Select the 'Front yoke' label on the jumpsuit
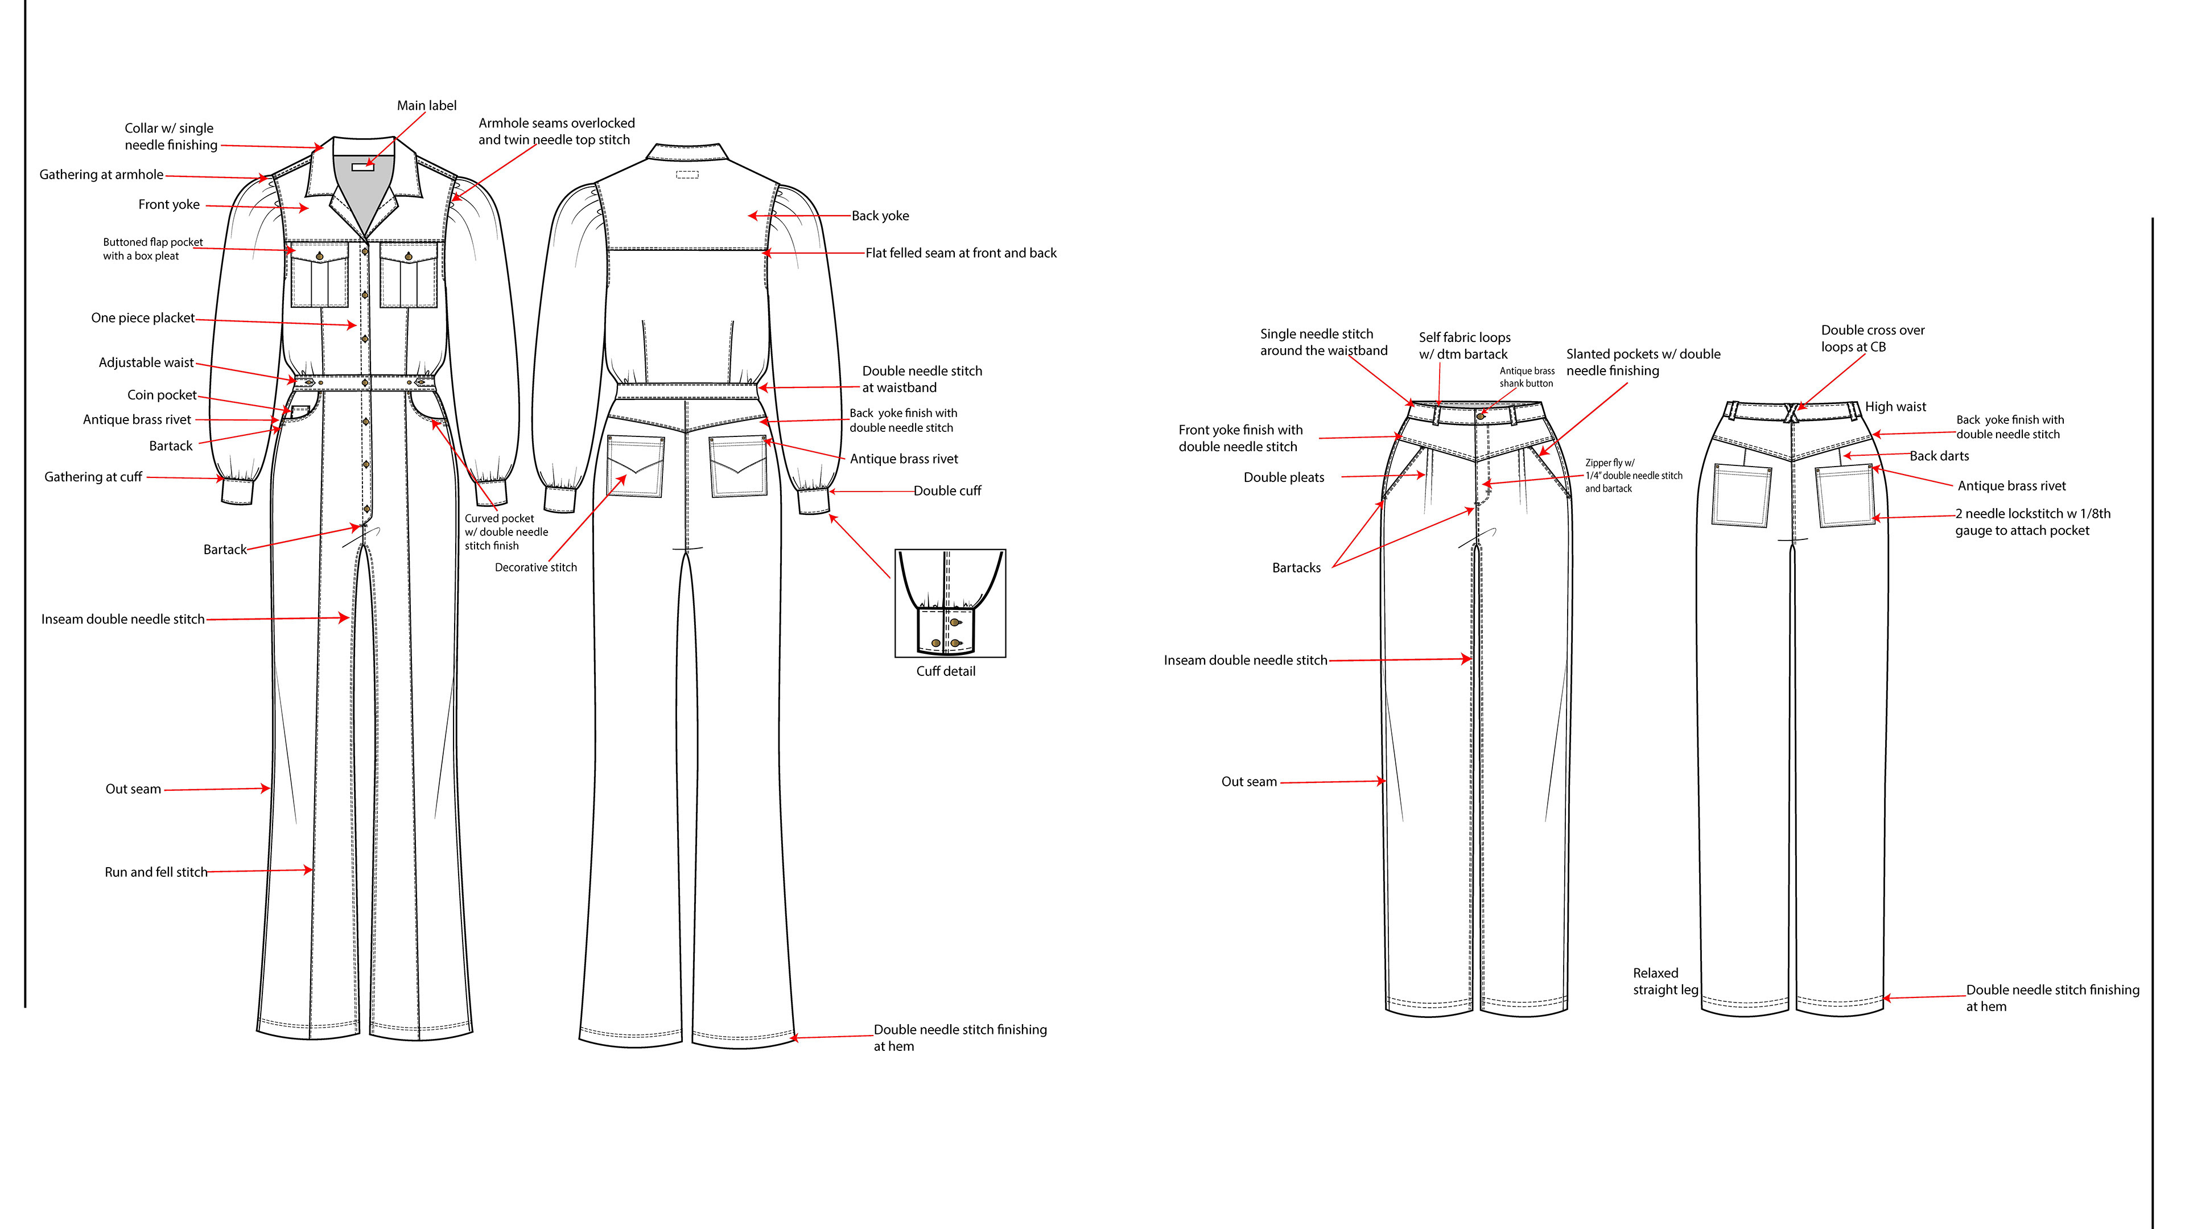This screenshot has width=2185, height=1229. click(169, 204)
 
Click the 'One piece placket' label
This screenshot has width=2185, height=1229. click(142, 318)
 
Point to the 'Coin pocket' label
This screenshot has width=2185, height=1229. click(161, 395)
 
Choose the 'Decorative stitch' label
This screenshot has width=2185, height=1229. click(535, 567)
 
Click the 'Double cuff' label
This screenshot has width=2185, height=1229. click(947, 491)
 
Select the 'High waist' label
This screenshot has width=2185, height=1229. click(1895, 407)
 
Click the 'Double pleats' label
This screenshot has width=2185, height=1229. click(1283, 477)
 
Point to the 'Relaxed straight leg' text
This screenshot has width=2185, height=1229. click(1664, 981)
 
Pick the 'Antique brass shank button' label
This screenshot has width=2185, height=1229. click(1527, 377)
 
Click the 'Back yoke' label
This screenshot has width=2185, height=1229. click(880, 216)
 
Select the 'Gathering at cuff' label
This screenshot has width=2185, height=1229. click(93, 477)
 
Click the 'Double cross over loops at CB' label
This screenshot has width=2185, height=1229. click(1872, 339)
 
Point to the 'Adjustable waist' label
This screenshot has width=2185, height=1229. click(146, 363)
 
